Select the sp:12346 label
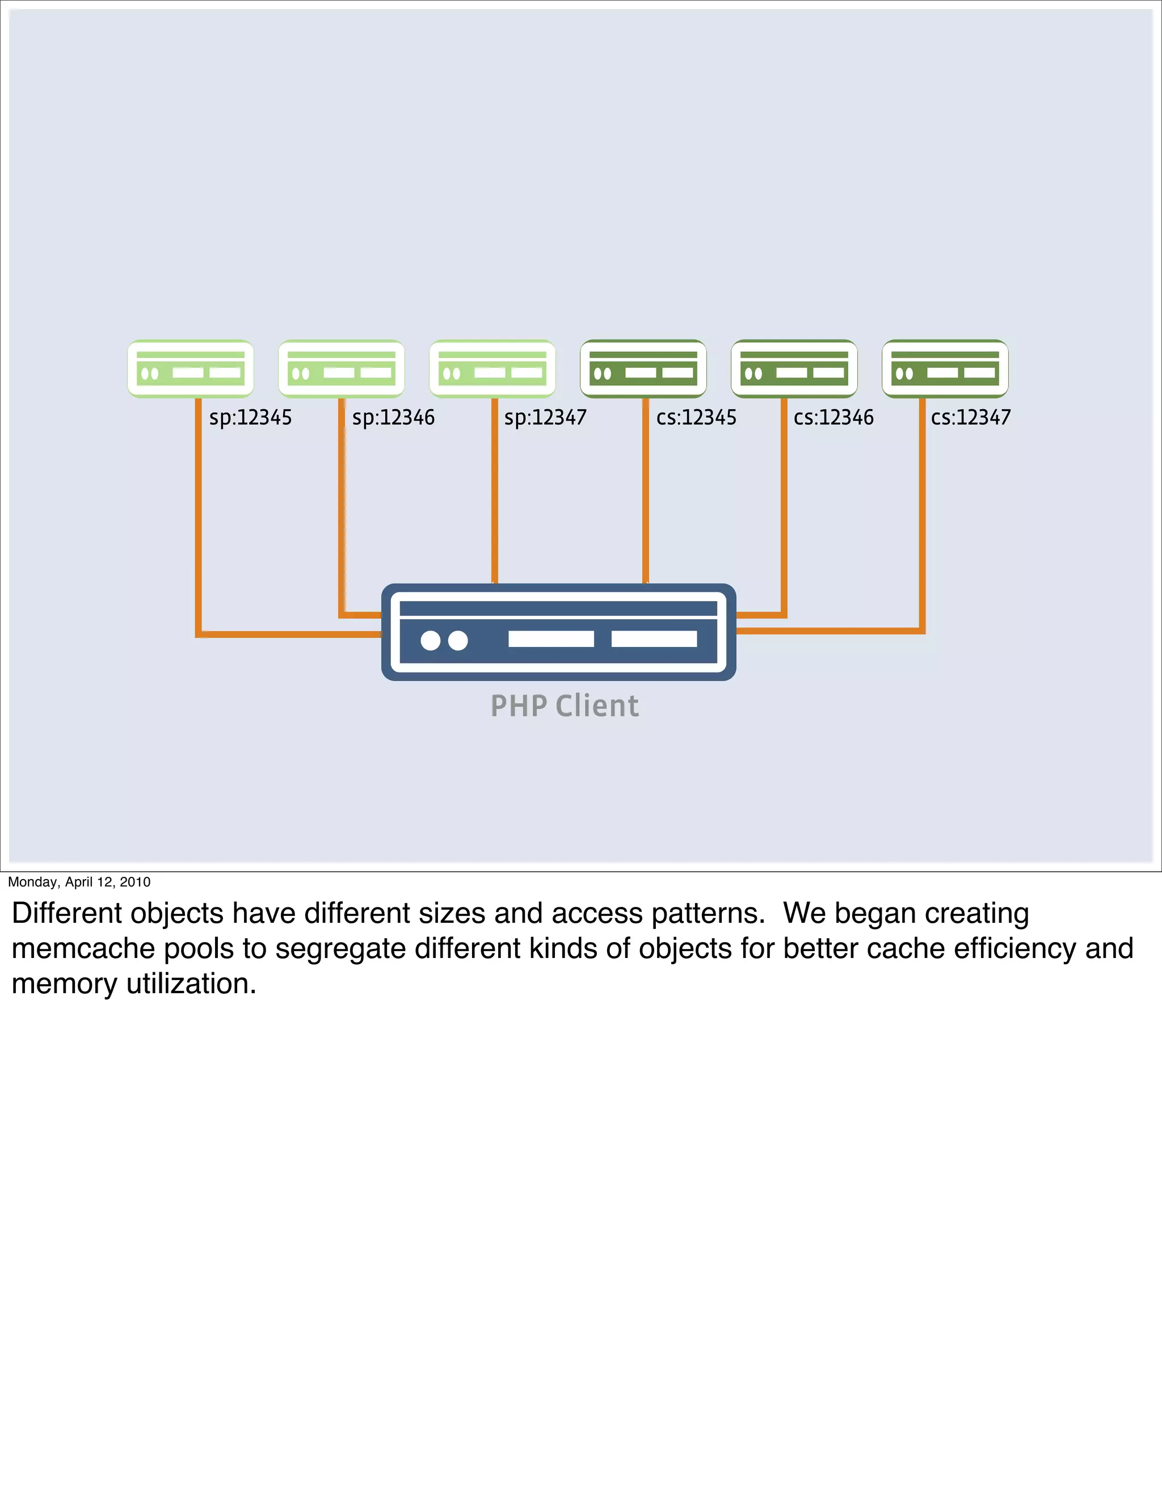coord(393,417)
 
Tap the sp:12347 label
coord(545,417)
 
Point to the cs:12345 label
coord(696,417)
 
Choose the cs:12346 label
coord(833,417)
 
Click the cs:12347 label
coord(970,417)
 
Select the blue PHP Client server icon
coord(558,632)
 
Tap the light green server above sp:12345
coord(191,368)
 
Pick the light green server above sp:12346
coord(341,368)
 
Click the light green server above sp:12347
coord(492,368)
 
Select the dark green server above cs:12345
coord(643,368)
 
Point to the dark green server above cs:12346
coord(794,368)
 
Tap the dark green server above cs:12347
coord(945,368)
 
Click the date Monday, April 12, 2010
coord(79,881)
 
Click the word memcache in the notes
coord(83,949)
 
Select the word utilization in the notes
coord(191,984)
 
